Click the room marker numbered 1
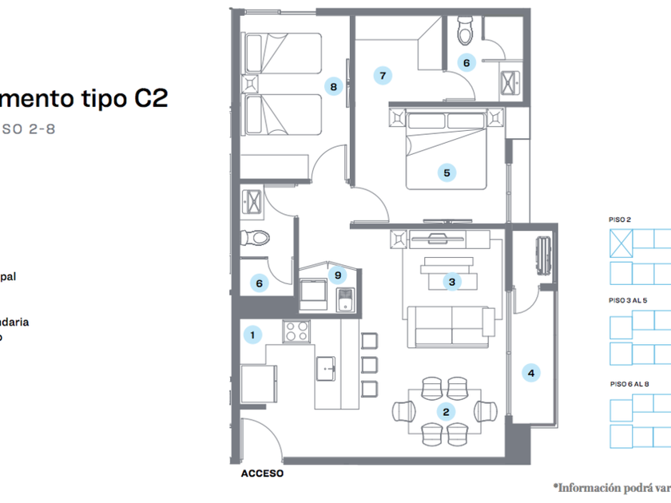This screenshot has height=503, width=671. tap(252, 335)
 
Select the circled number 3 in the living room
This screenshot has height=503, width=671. tap(452, 282)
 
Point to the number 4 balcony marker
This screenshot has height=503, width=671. tap(530, 371)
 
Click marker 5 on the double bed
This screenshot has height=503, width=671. tap(447, 172)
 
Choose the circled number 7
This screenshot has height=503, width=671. tap(383, 76)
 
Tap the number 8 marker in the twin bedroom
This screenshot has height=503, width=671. tap(333, 86)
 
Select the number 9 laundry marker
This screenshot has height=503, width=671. tap(339, 275)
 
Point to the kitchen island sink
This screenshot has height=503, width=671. tap(327, 366)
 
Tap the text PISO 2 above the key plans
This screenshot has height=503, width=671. tap(620, 220)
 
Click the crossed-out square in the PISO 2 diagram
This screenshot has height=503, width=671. tap(621, 241)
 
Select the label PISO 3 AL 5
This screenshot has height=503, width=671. tap(629, 301)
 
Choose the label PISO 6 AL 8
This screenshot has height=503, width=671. tap(629, 384)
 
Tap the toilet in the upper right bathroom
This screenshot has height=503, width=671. tap(464, 33)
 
